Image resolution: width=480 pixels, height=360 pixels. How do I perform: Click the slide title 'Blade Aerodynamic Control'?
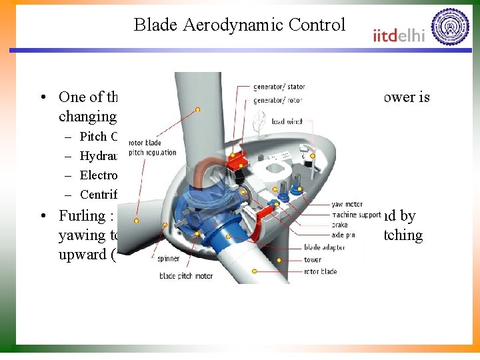[239, 25]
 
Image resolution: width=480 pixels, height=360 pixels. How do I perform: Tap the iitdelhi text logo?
[399, 35]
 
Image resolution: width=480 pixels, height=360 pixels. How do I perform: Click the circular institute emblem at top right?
[450, 27]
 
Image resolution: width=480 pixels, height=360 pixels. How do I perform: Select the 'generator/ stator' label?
[279, 87]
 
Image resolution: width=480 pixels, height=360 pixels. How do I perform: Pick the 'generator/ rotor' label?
[277, 100]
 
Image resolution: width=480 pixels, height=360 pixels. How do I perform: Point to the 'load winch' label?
[287, 121]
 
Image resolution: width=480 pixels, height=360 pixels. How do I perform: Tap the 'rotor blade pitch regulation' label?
[153, 147]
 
